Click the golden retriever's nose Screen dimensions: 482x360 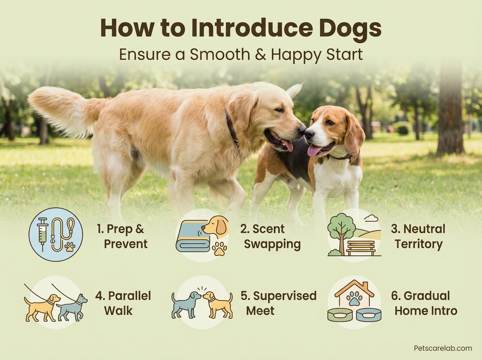click(x=302, y=130)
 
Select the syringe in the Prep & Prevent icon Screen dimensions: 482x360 click(x=43, y=234)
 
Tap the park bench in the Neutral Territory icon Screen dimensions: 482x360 click(x=361, y=248)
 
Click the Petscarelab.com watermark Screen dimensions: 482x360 click(x=443, y=348)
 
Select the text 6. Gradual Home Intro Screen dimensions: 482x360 click(x=424, y=303)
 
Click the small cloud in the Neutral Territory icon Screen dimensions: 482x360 click(x=371, y=219)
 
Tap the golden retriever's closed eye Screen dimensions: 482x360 click(x=278, y=109)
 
